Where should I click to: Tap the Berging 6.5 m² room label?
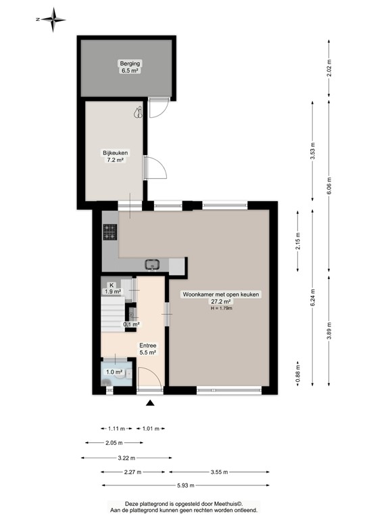126,66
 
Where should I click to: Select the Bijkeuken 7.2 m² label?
115,157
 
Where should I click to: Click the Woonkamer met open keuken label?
220,299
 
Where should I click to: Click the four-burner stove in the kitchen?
110,232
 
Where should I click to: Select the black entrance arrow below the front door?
150,404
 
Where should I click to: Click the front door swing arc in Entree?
149,378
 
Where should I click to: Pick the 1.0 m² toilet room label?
113,372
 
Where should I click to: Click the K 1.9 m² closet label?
112,288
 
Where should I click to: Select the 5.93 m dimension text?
180,485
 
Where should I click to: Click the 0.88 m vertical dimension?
297,374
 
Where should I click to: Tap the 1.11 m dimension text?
116,428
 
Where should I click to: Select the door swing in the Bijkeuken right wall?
154,167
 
